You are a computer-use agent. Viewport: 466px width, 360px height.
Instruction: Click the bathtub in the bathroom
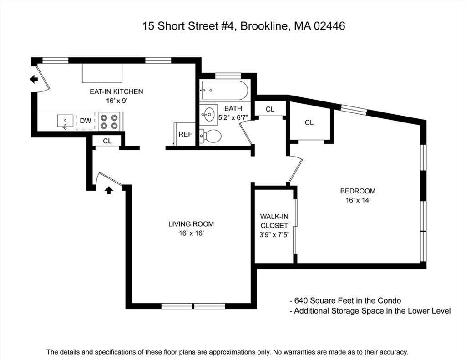[x=224, y=91]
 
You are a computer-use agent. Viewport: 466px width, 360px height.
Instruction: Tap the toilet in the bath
[x=211, y=136]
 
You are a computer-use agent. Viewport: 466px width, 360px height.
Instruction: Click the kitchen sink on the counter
[x=65, y=122]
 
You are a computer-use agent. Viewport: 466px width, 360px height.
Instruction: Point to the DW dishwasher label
[x=86, y=121]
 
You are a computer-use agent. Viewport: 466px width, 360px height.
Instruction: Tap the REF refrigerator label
[x=185, y=134]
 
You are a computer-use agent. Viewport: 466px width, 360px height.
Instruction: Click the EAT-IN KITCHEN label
[x=116, y=91]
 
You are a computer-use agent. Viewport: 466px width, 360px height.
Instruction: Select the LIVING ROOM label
[x=191, y=224]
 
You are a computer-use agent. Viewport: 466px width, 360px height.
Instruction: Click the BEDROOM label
[x=358, y=191]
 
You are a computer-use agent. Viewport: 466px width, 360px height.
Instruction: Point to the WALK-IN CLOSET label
[x=274, y=221]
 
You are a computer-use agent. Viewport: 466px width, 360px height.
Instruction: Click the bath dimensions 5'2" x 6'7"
[x=233, y=118]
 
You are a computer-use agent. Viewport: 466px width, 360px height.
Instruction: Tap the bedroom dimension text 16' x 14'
[x=358, y=200]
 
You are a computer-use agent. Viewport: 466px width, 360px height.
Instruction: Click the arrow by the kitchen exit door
[x=34, y=79]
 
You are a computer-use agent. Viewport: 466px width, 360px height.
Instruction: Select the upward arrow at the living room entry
[x=109, y=190]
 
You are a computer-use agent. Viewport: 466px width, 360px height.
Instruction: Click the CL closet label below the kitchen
[x=107, y=141]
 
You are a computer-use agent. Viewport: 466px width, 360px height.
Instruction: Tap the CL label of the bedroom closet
[x=309, y=122]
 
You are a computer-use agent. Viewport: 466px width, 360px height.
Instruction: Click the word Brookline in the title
[x=264, y=26]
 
